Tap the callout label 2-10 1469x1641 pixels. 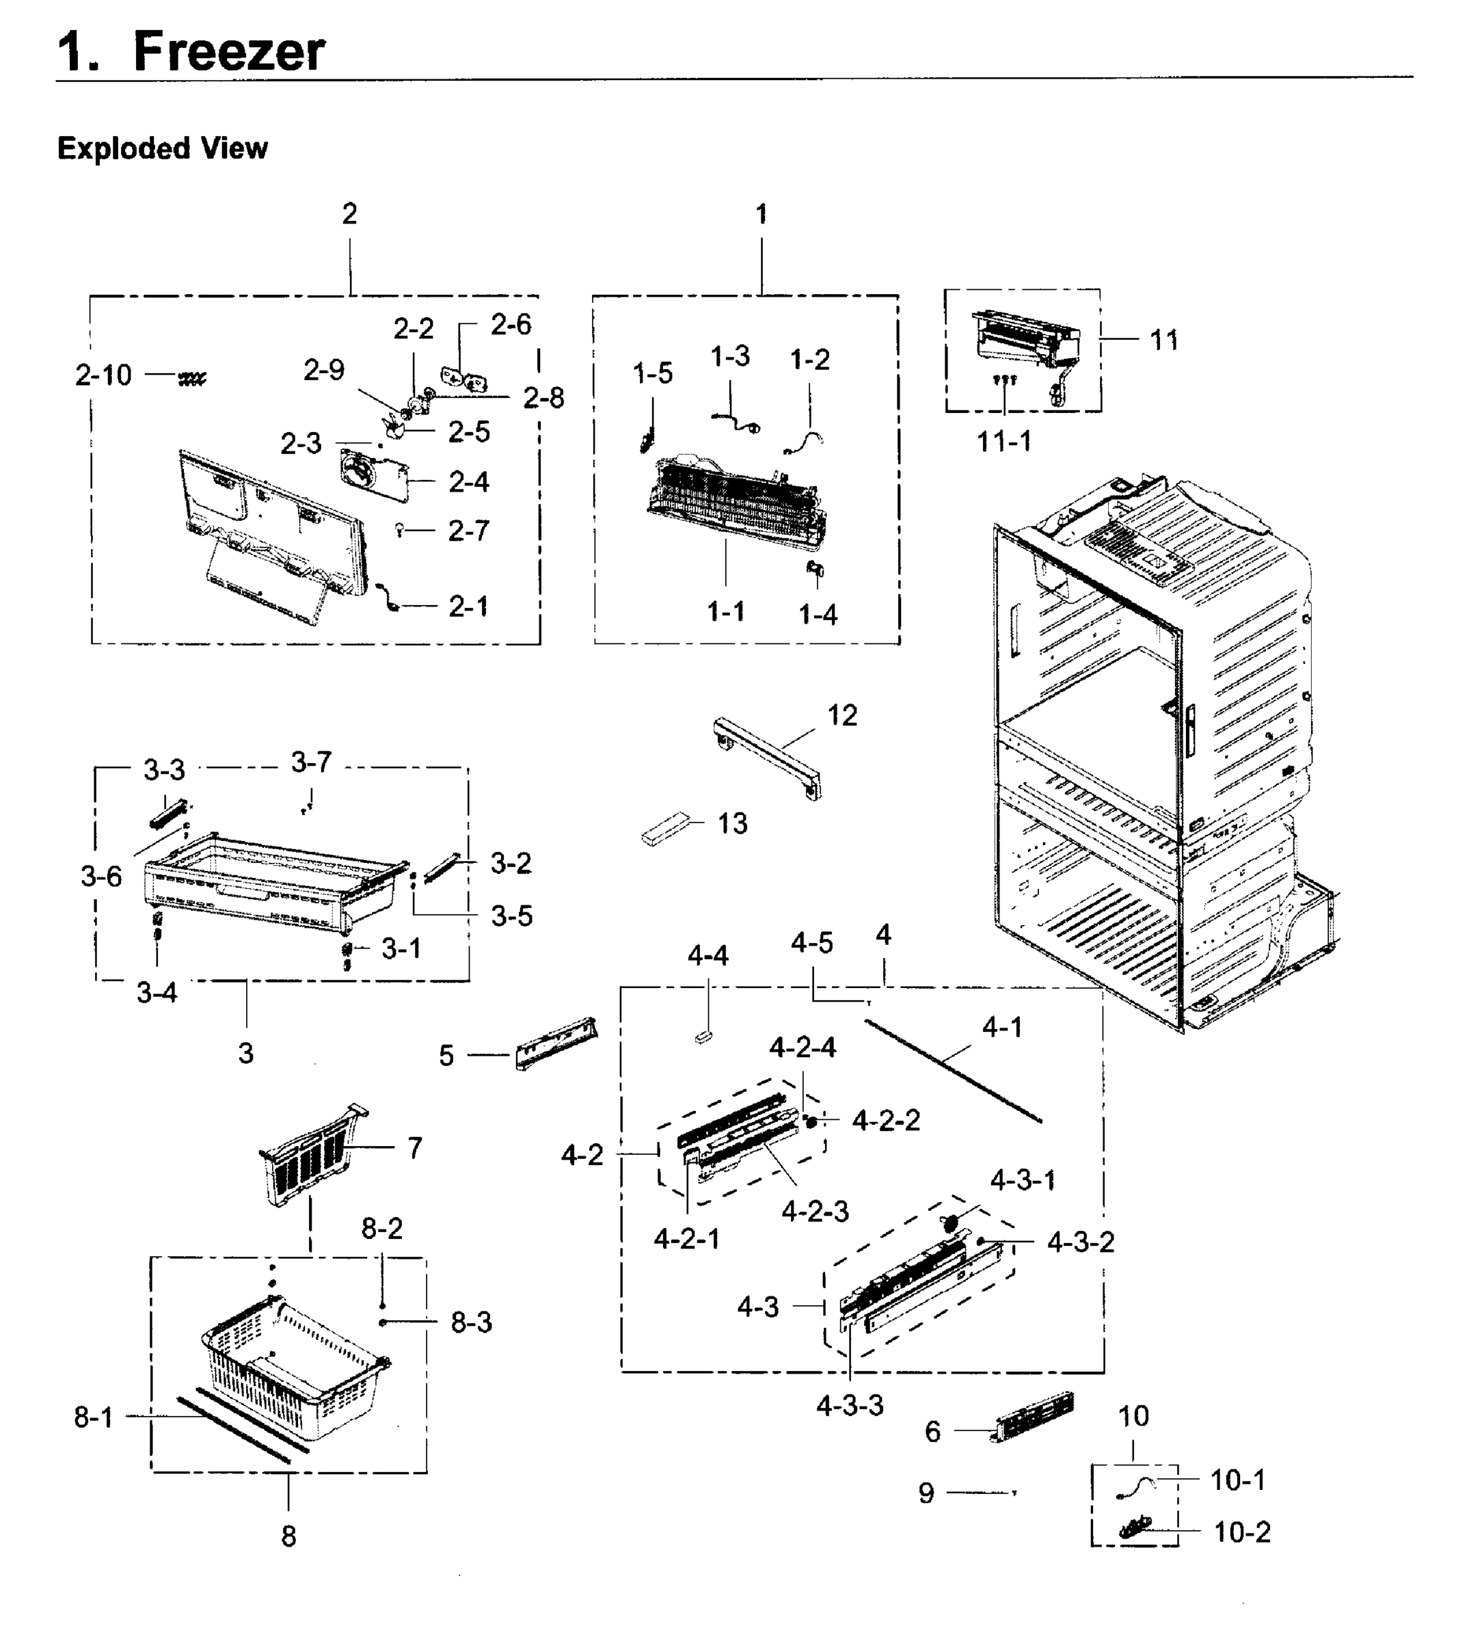click(103, 375)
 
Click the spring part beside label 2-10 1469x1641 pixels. click(192, 377)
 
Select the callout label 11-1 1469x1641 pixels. click(1004, 442)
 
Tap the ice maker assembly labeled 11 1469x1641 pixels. click(1025, 339)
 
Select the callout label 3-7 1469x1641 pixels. click(312, 762)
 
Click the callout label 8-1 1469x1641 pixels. click(94, 1417)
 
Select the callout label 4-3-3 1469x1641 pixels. click(850, 1405)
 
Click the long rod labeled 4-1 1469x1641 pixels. click(952, 1070)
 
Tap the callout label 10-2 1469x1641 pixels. click(1242, 1532)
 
